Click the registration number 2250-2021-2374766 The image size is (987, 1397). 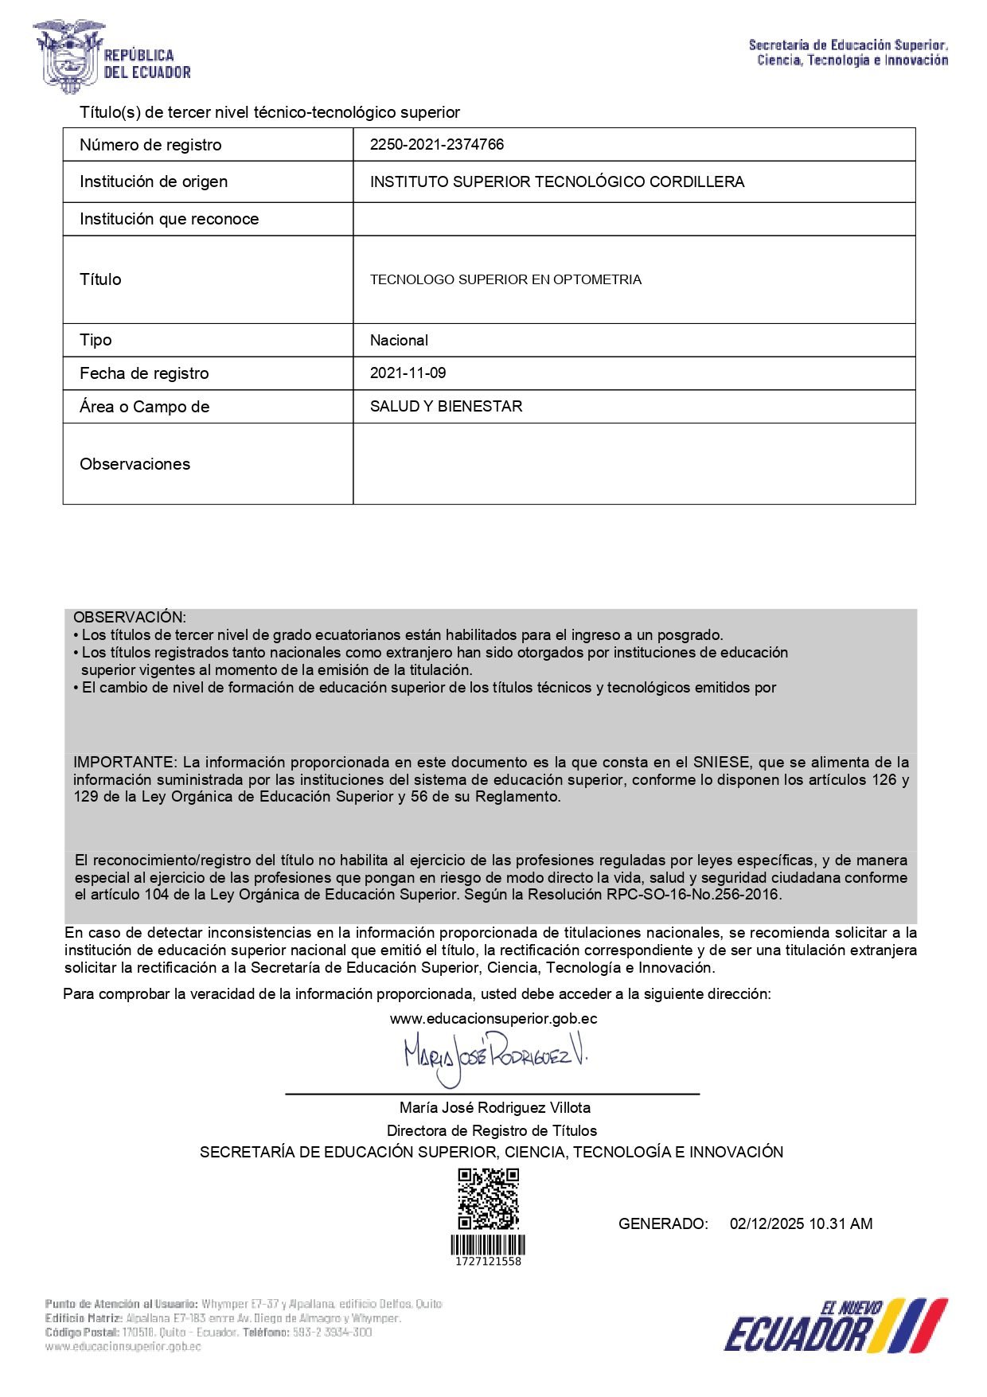(x=436, y=144)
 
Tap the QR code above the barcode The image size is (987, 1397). (x=488, y=1199)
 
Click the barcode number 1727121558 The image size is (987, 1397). (x=488, y=1262)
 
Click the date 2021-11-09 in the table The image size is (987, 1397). (x=408, y=373)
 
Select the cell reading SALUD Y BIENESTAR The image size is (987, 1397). (x=446, y=406)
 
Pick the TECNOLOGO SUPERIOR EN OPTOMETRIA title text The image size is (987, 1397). (x=505, y=279)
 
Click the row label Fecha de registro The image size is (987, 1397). (x=144, y=373)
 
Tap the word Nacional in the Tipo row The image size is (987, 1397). (x=399, y=340)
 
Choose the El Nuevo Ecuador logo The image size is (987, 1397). (x=836, y=1325)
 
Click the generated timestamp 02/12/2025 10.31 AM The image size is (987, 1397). (x=801, y=1223)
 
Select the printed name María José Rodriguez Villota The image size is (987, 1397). (x=494, y=1107)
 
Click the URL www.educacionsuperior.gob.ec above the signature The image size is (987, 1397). (x=494, y=1018)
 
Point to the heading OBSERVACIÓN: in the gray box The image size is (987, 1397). (x=130, y=617)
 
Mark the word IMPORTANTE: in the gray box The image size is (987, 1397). (x=124, y=762)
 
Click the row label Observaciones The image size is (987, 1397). (x=135, y=464)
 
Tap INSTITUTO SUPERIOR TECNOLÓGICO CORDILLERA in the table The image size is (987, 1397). (x=557, y=181)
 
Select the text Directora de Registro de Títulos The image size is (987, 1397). (x=491, y=1130)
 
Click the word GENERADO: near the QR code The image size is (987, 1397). (x=663, y=1223)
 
